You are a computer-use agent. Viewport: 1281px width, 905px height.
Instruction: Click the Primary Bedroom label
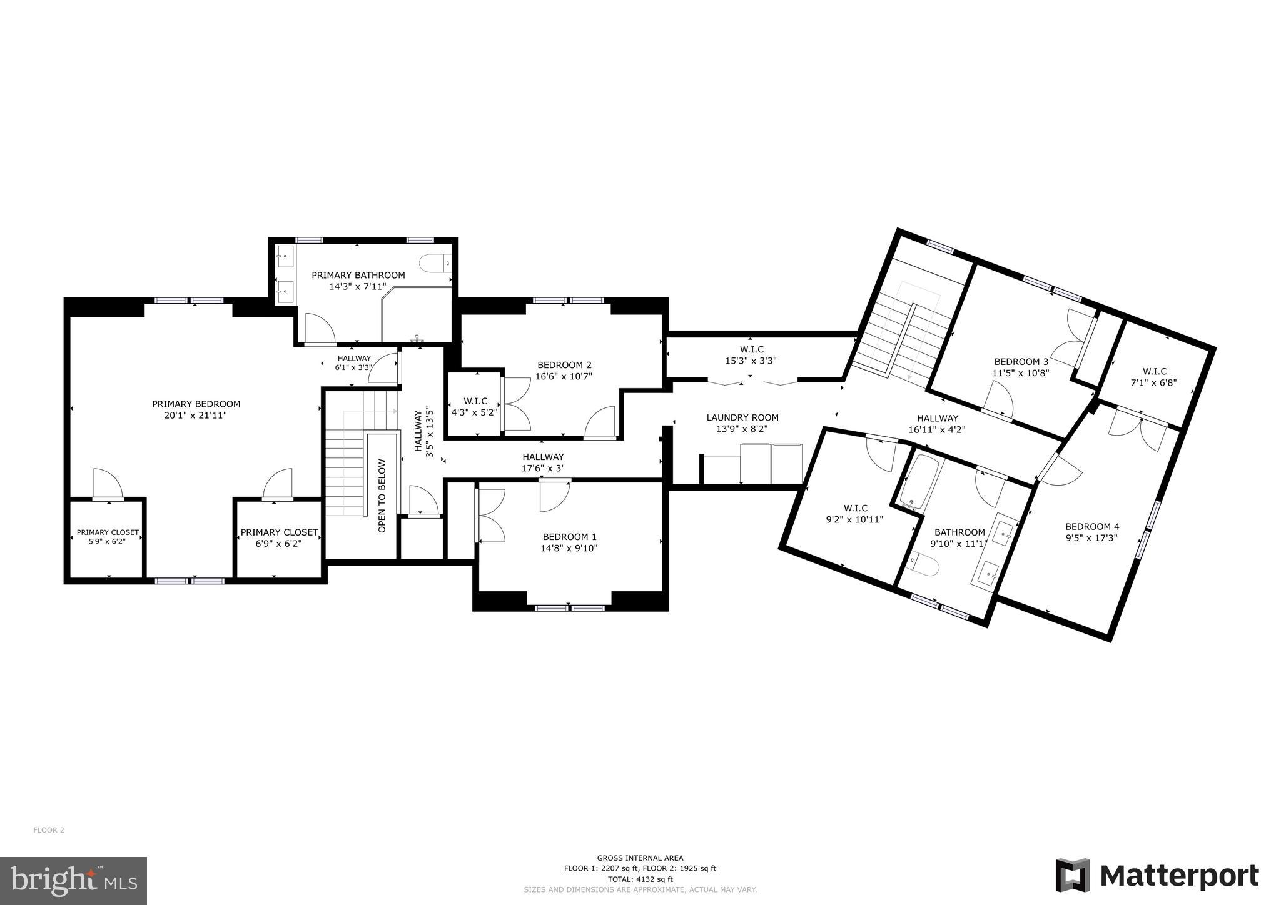click(x=196, y=404)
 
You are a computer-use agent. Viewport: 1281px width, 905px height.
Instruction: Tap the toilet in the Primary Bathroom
click(x=433, y=263)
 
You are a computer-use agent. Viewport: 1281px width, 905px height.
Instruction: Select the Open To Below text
click(x=382, y=496)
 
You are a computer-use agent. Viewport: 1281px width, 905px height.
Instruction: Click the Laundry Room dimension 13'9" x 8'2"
click(x=742, y=429)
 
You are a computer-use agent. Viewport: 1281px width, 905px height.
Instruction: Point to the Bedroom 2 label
click(x=564, y=365)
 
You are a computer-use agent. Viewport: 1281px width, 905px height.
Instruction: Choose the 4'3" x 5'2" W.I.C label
click(x=475, y=401)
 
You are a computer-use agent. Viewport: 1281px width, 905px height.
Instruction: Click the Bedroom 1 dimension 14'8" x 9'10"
click(x=569, y=548)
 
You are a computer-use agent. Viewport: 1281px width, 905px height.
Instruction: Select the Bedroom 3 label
click(x=1021, y=361)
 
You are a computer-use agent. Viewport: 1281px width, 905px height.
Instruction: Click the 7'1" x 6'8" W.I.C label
click(x=1154, y=371)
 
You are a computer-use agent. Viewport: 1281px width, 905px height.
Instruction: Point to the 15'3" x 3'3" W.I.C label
click(x=751, y=349)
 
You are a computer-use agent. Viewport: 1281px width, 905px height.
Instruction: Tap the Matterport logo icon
click(x=1072, y=876)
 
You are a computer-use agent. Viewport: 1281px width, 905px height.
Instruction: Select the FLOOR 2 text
click(x=49, y=830)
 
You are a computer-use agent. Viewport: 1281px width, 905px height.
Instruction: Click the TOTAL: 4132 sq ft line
click(x=640, y=879)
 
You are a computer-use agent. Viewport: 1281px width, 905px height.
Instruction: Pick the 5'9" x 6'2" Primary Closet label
click(x=108, y=532)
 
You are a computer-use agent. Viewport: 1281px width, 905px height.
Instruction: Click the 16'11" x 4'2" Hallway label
click(x=937, y=418)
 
